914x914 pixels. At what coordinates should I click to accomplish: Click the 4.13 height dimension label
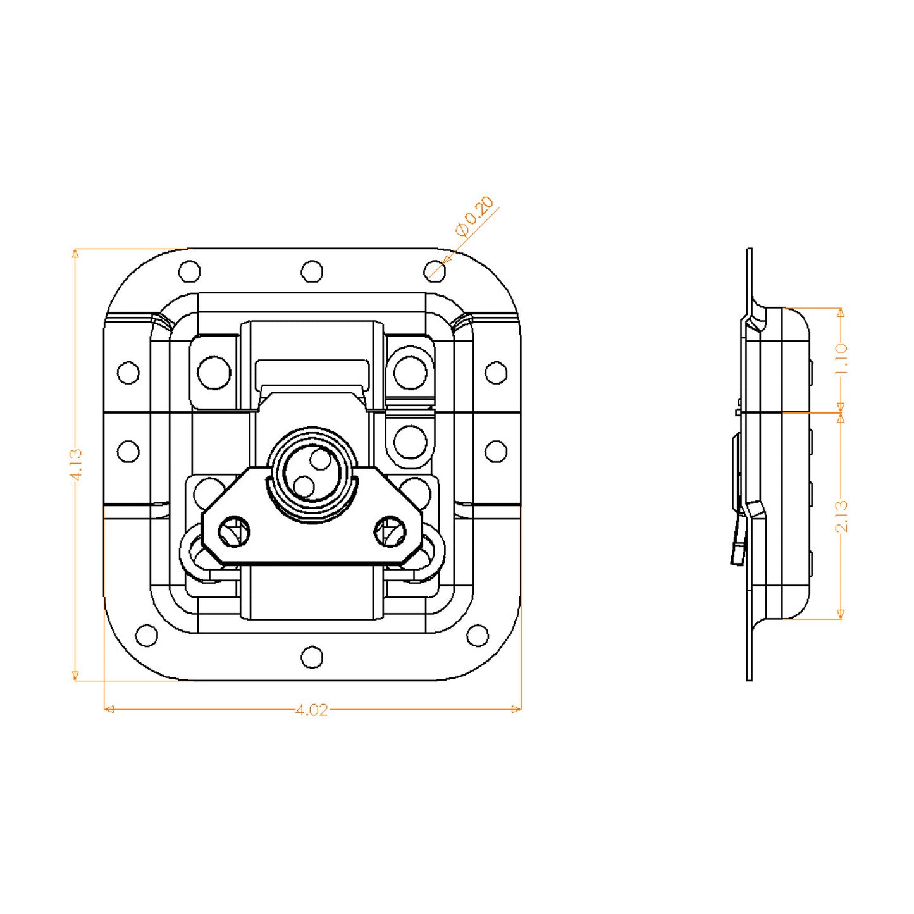(76, 465)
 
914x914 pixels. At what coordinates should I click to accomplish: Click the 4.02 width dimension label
(312, 710)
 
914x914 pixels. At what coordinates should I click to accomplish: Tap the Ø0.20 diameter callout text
(474, 216)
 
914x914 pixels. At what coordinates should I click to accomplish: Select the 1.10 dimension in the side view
(841, 359)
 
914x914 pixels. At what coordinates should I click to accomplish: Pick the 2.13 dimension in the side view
(841, 516)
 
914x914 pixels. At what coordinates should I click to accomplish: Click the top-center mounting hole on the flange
(312, 271)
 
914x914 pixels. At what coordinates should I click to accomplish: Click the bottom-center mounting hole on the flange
(312, 657)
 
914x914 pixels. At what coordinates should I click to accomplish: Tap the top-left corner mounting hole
(189, 271)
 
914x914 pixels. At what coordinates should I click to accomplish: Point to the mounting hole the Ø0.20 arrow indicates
(434, 271)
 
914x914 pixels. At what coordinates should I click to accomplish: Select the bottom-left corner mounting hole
(147, 635)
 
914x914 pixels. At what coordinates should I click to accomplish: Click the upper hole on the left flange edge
(128, 373)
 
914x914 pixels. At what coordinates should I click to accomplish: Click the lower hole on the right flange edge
(496, 451)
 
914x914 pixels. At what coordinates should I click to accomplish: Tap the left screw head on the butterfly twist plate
(235, 532)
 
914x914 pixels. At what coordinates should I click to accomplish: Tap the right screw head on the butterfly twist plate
(390, 532)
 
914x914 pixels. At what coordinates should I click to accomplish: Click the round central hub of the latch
(312, 473)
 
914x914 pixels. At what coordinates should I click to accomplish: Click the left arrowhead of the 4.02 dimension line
(108, 709)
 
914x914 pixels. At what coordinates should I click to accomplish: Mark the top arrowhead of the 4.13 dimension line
(75, 254)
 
